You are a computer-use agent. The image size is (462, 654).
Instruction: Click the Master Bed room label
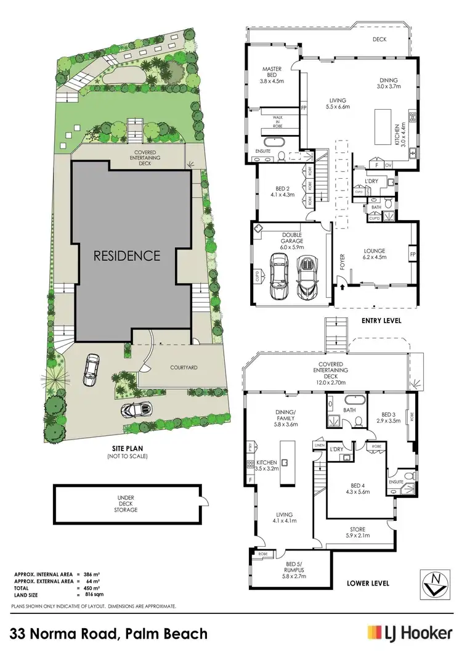pyautogui.click(x=272, y=74)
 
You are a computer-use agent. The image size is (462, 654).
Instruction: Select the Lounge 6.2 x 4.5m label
pyautogui.click(x=374, y=254)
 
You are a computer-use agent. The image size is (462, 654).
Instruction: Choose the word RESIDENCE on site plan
pyautogui.click(x=127, y=255)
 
